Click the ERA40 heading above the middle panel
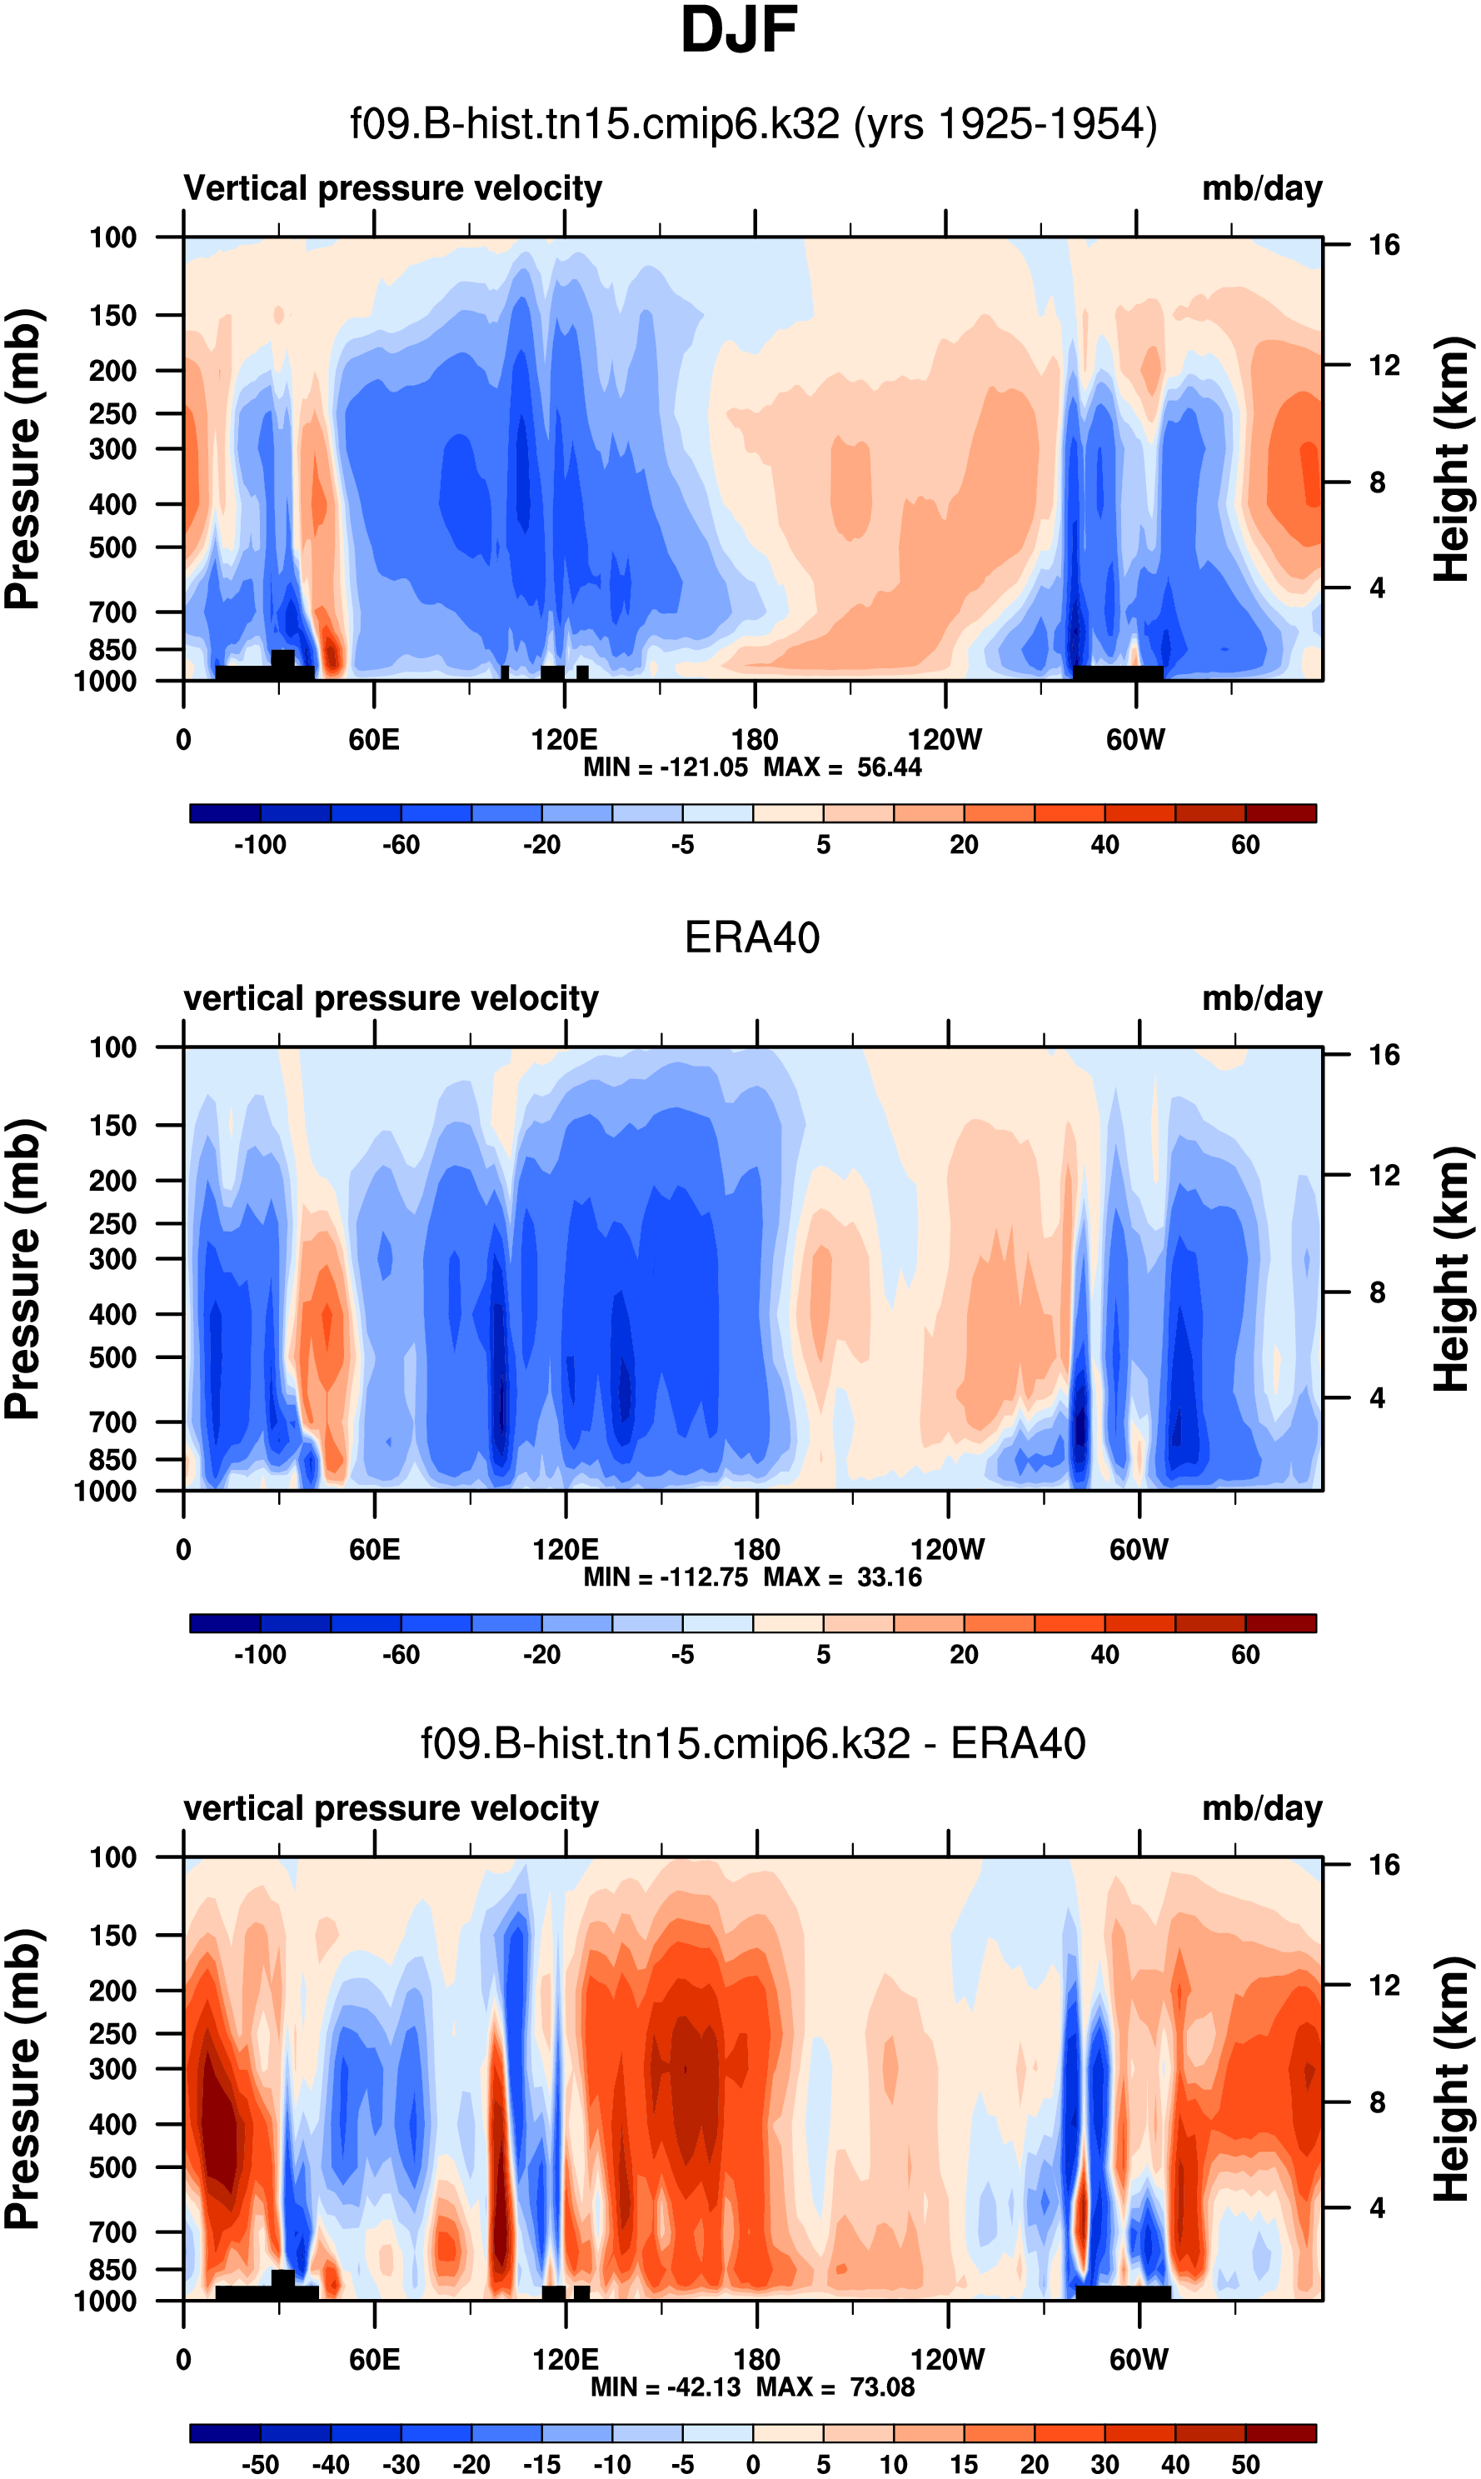(x=751, y=938)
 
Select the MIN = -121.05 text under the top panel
(x=665, y=767)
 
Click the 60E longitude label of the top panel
(x=374, y=740)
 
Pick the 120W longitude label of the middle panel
(x=947, y=1550)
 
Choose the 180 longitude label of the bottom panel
(x=756, y=2359)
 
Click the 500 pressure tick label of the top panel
(x=112, y=548)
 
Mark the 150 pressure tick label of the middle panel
(x=112, y=1125)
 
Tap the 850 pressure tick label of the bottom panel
(x=112, y=2269)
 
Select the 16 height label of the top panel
(x=1384, y=245)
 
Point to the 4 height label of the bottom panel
(x=1377, y=2207)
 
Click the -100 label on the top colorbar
(x=261, y=845)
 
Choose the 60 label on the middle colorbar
(x=1244, y=1654)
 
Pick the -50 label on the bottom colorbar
(x=261, y=2464)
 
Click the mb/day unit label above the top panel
(x=1261, y=188)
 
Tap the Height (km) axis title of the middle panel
(x=1452, y=1269)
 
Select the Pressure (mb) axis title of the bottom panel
(x=22, y=2079)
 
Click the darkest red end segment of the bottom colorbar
(x=1280, y=2433)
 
